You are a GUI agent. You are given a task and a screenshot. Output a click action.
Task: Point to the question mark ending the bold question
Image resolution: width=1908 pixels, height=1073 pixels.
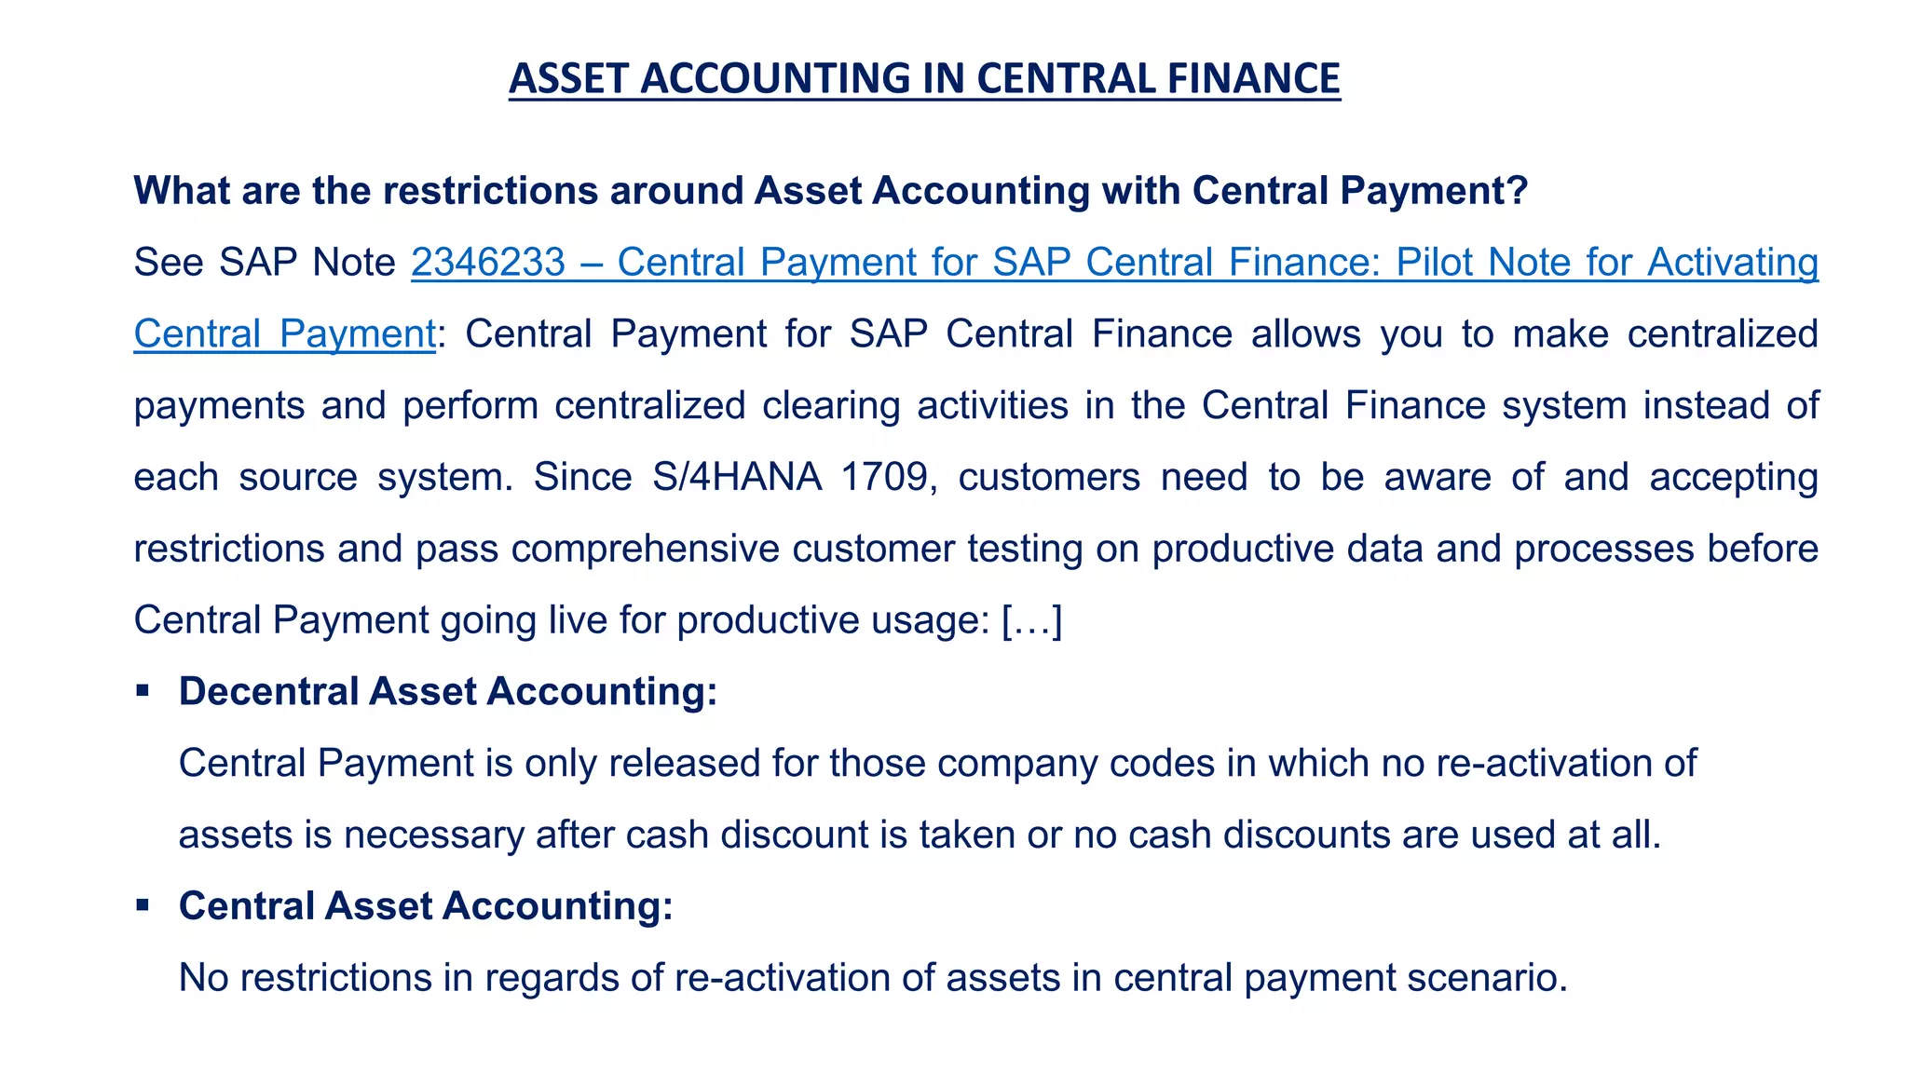point(1517,190)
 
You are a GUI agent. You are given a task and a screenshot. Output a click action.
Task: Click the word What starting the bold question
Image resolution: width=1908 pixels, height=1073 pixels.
point(183,190)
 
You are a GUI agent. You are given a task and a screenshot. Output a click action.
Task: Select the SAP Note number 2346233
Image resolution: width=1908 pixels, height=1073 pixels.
point(488,262)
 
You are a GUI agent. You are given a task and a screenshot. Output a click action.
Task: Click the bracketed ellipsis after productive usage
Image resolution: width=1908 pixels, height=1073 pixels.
point(1031,620)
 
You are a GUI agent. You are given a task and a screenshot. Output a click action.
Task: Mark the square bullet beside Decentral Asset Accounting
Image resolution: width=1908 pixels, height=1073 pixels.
point(143,691)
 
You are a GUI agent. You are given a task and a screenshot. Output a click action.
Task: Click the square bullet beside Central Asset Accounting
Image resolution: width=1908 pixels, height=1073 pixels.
point(143,905)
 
